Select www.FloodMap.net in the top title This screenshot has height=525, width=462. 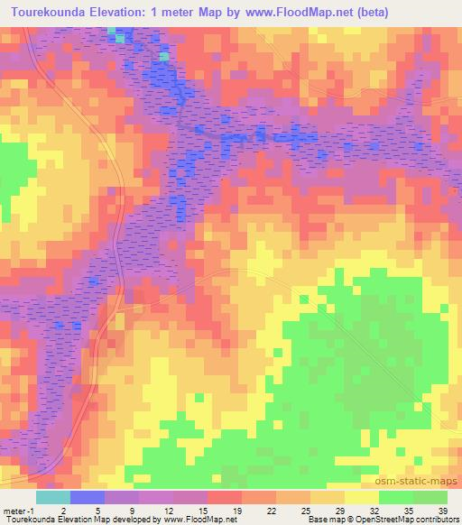pyautogui.click(x=301, y=12)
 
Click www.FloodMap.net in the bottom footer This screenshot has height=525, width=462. pyautogui.click(x=197, y=520)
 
